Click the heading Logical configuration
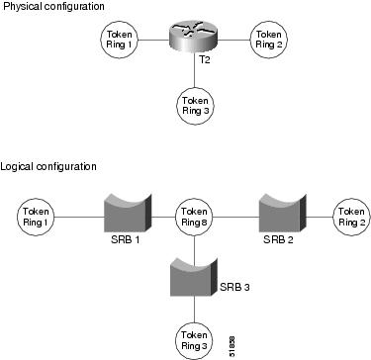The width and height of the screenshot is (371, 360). (48, 166)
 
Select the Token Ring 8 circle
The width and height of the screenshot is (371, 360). (195, 215)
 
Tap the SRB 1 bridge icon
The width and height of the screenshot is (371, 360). (126, 212)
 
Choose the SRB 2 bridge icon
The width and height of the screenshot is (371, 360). (278, 212)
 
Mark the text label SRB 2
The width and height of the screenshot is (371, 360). (278, 240)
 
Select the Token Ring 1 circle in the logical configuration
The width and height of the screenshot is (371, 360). (38, 215)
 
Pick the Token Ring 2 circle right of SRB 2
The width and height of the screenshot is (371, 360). (351, 215)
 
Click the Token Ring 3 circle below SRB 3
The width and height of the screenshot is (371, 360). (195, 338)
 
